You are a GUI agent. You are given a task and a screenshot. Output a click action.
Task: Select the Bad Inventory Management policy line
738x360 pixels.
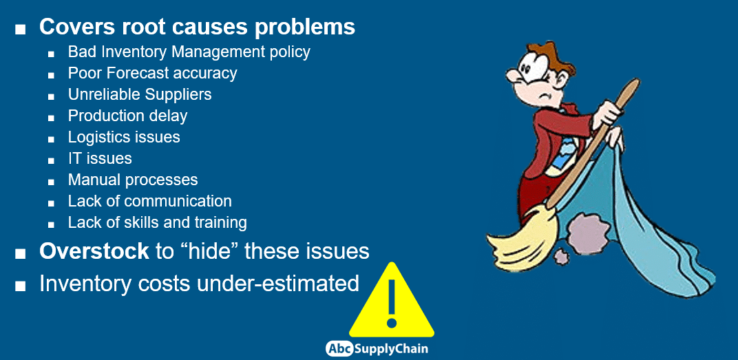pyautogui.click(x=189, y=52)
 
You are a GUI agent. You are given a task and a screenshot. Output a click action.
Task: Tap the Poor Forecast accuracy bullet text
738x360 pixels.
pyautogui.click(x=153, y=74)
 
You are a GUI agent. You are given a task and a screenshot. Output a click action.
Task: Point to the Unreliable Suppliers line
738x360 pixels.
pyautogui.click(x=140, y=94)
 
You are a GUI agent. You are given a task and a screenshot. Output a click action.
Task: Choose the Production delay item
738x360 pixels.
pyautogui.click(x=127, y=116)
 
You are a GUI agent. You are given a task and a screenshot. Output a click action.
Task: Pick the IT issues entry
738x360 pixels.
pyautogui.click(x=100, y=158)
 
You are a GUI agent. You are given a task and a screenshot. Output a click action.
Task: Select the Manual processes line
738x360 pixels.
pyautogui.click(x=133, y=180)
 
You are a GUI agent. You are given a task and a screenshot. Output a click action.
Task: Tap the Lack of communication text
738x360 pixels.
pyautogui.click(x=149, y=201)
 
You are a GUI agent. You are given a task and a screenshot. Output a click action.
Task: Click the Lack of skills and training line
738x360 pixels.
pyautogui.click(x=157, y=222)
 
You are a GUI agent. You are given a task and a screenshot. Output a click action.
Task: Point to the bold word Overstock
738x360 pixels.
pyautogui.click(x=94, y=251)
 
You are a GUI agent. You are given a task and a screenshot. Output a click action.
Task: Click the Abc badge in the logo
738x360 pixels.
pyautogui.click(x=339, y=349)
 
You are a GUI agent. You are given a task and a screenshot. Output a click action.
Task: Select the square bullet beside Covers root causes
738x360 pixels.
pyautogui.click(x=19, y=29)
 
